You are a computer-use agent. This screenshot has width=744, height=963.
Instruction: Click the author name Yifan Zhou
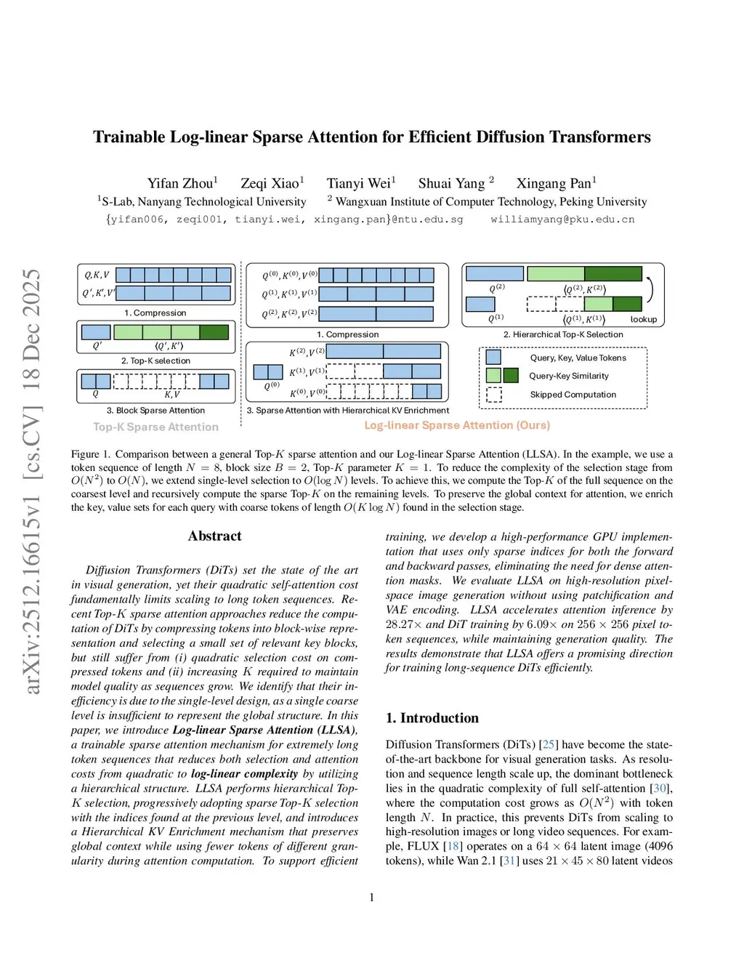pos(180,183)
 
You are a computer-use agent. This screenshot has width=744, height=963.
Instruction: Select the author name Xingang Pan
pos(554,183)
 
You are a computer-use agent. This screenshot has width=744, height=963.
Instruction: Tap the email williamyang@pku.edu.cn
pos(562,219)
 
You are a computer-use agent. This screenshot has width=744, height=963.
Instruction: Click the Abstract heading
pos(214,536)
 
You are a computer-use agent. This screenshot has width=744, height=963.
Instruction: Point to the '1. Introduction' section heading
pos(432,718)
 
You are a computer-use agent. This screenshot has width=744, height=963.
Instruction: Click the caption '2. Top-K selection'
pos(155,360)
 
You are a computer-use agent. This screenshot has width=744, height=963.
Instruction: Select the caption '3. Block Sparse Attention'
pos(155,411)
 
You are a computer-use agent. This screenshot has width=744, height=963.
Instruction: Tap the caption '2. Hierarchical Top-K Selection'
pos(563,334)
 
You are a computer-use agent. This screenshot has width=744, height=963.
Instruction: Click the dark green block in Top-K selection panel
pos(214,332)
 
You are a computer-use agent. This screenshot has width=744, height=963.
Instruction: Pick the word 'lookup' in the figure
pos(643,319)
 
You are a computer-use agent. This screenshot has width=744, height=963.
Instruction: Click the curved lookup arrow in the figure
pos(650,289)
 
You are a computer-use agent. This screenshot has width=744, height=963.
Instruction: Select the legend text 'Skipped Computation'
pos(573,395)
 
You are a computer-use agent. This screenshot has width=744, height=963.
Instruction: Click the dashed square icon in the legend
pos(494,395)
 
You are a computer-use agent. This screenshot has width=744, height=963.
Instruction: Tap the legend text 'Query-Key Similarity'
pos(569,376)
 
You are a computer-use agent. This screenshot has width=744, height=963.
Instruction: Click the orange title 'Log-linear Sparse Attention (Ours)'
pos(457,425)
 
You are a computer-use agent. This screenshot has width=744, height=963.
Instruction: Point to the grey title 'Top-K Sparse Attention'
pos(155,427)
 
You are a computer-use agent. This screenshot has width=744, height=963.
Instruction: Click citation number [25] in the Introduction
pos(549,744)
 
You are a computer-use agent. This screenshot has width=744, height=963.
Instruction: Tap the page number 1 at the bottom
pos(372,898)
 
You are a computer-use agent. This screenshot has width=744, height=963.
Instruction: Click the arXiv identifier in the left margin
pos(31,480)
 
